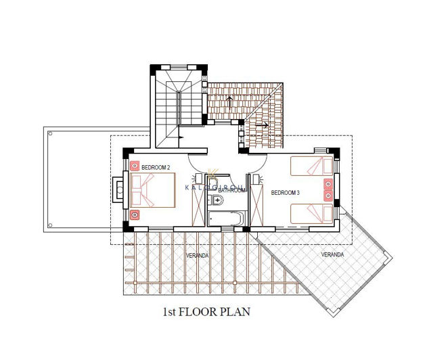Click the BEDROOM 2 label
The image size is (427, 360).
point(156,167)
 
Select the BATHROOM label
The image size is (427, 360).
point(232,191)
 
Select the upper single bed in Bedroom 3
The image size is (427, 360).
point(311,166)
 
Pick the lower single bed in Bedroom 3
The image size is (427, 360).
point(311,214)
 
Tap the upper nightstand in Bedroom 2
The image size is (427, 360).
point(135,166)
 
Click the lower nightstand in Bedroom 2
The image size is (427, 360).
point(135,215)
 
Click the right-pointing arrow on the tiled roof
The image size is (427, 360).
point(265,125)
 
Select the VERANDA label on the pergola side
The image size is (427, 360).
point(198,256)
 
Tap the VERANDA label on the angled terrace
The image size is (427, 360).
point(332,254)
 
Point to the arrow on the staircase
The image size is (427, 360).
point(180,137)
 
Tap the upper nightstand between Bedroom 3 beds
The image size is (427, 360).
point(329,183)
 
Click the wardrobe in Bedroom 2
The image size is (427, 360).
point(198,203)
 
